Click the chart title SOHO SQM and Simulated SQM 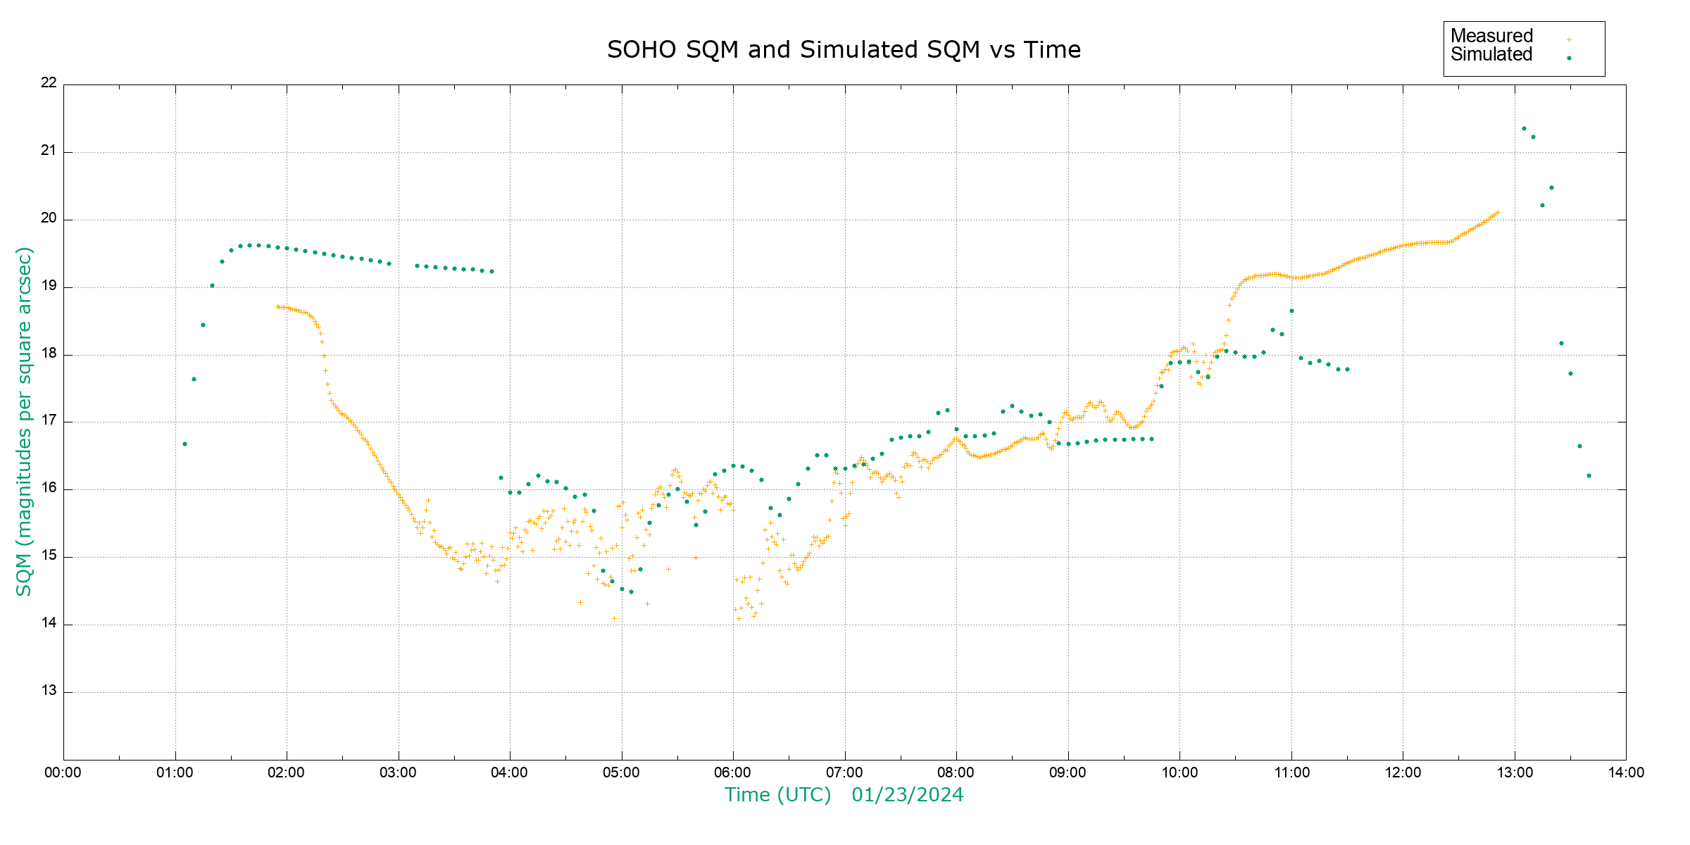(x=844, y=50)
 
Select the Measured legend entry (x=1491, y=36)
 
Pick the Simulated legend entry (x=1491, y=55)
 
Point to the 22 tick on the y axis (x=49, y=83)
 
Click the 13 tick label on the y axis (x=49, y=691)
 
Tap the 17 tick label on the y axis (x=49, y=421)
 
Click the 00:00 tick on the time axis (x=63, y=772)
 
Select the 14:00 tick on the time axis (x=1626, y=772)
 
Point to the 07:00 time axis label (x=844, y=772)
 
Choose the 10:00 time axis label (x=1179, y=772)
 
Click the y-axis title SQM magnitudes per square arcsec (x=25, y=421)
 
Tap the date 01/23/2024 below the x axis (x=907, y=795)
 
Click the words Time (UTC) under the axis (x=777, y=795)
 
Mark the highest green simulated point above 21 (x=1524, y=129)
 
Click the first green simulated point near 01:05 (x=184, y=444)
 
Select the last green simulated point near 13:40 (x=1589, y=476)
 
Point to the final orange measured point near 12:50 (x=1497, y=212)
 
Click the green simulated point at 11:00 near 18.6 (x=1291, y=311)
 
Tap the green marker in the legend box (x=1569, y=58)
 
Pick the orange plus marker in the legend (x=1569, y=40)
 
